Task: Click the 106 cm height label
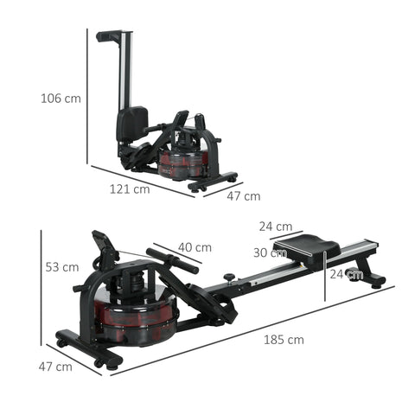(x=61, y=99)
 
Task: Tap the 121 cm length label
(x=130, y=188)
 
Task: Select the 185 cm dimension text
(x=284, y=340)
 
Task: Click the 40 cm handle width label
(x=195, y=247)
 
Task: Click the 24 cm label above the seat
(x=276, y=227)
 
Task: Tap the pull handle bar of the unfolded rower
(x=172, y=260)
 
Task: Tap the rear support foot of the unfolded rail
(x=373, y=279)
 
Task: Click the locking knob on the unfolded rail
(x=230, y=278)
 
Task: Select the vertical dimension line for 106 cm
(x=88, y=95)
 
